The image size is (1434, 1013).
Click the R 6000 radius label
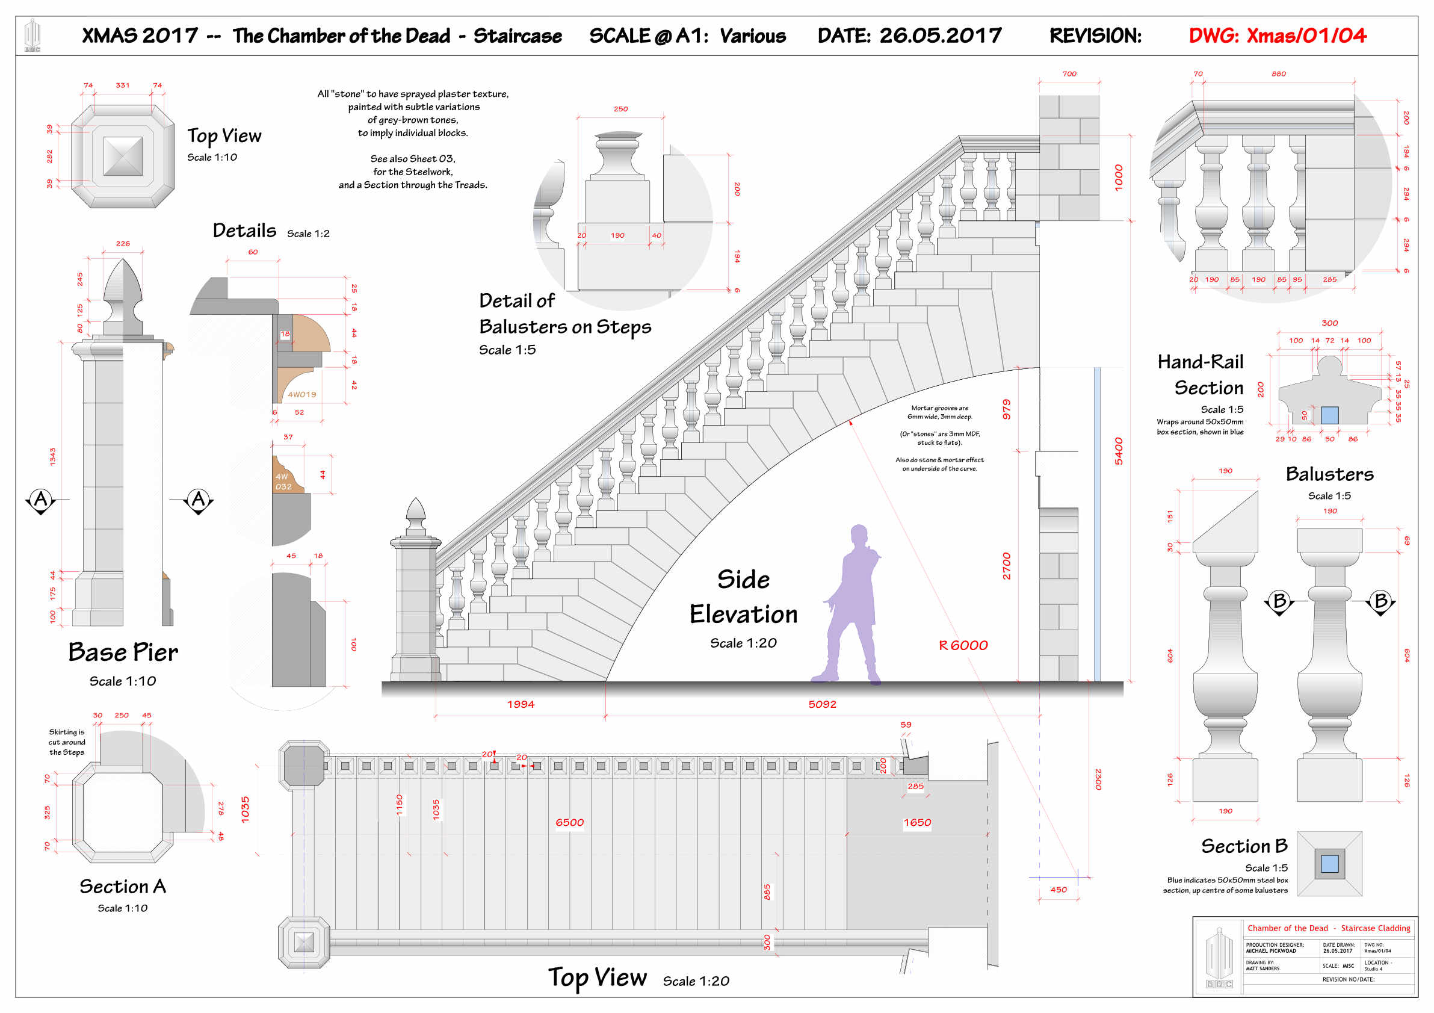tap(963, 646)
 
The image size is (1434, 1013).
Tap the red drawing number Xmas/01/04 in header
tap(1277, 36)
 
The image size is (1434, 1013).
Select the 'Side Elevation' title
tap(743, 597)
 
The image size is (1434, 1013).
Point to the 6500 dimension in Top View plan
tap(570, 823)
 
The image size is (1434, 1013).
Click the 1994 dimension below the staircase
tap(521, 704)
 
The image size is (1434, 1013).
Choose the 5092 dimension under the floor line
tap(822, 704)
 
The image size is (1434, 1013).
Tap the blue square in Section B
tap(1330, 864)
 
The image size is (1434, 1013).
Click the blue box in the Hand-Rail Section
tap(1330, 415)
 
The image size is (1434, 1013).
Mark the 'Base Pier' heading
tap(123, 652)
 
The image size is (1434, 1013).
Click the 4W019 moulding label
tap(301, 395)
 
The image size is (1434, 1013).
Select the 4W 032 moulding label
tap(283, 482)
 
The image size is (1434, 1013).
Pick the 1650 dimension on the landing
tap(917, 823)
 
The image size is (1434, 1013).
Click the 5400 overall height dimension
tap(1119, 451)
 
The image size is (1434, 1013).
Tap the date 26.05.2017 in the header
tap(940, 36)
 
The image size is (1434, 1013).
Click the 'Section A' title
tap(122, 886)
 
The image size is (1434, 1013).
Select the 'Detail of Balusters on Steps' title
tap(564, 314)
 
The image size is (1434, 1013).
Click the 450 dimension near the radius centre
tap(1058, 890)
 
